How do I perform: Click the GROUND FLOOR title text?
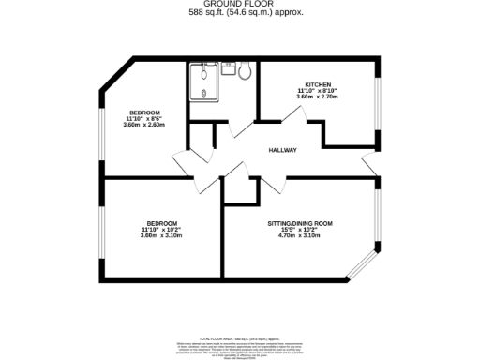239,4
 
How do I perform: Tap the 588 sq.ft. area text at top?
239,12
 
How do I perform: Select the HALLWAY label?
283,151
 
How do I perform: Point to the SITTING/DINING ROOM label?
300,223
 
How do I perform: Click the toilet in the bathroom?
245,70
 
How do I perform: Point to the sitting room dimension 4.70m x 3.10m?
300,235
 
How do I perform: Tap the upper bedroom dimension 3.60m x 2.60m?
144,125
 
